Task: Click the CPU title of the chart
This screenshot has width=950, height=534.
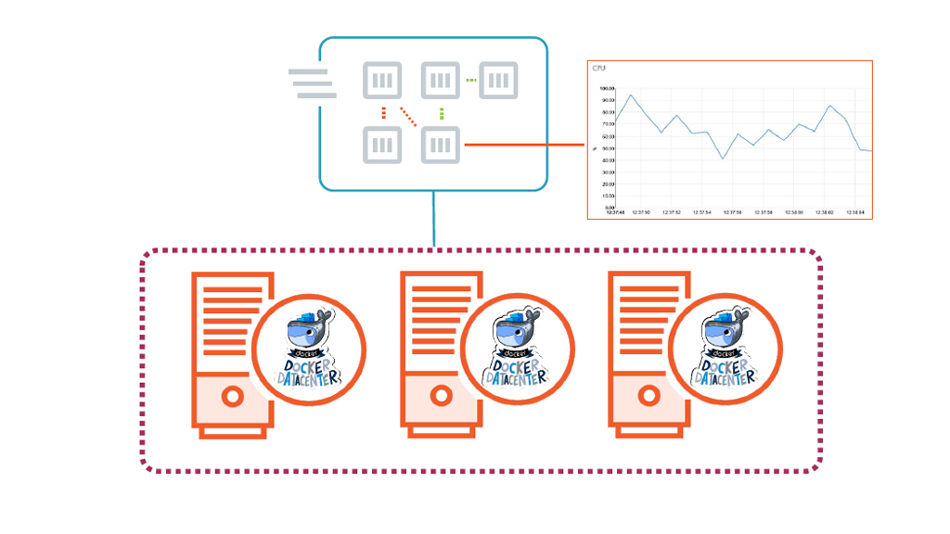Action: pyautogui.click(x=599, y=69)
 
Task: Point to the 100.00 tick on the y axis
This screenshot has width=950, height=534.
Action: pyautogui.click(x=609, y=88)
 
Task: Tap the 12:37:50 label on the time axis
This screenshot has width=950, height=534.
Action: pyautogui.click(x=641, y=212)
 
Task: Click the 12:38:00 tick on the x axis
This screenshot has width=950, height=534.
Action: pyautogui.click(x=824, y=212)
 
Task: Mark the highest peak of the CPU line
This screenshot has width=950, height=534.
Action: pyautogui.click(x=631, y=95)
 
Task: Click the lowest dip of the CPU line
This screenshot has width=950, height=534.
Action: pyautogui.click(x=724, y=159)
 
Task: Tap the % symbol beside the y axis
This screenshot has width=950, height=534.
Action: pyautogui.click(x=595, y=147)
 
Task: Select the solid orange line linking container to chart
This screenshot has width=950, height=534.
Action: pyautogui.click(x=524, y=145)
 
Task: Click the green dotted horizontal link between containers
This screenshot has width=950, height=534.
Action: pyautogui.click(x=471, y=81)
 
